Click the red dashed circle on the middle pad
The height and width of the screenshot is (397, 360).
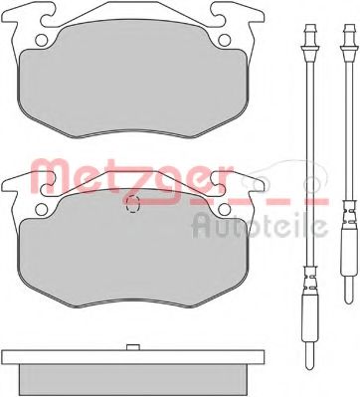134,205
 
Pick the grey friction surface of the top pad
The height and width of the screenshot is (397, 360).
134,85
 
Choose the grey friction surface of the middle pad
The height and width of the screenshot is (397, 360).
134,254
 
